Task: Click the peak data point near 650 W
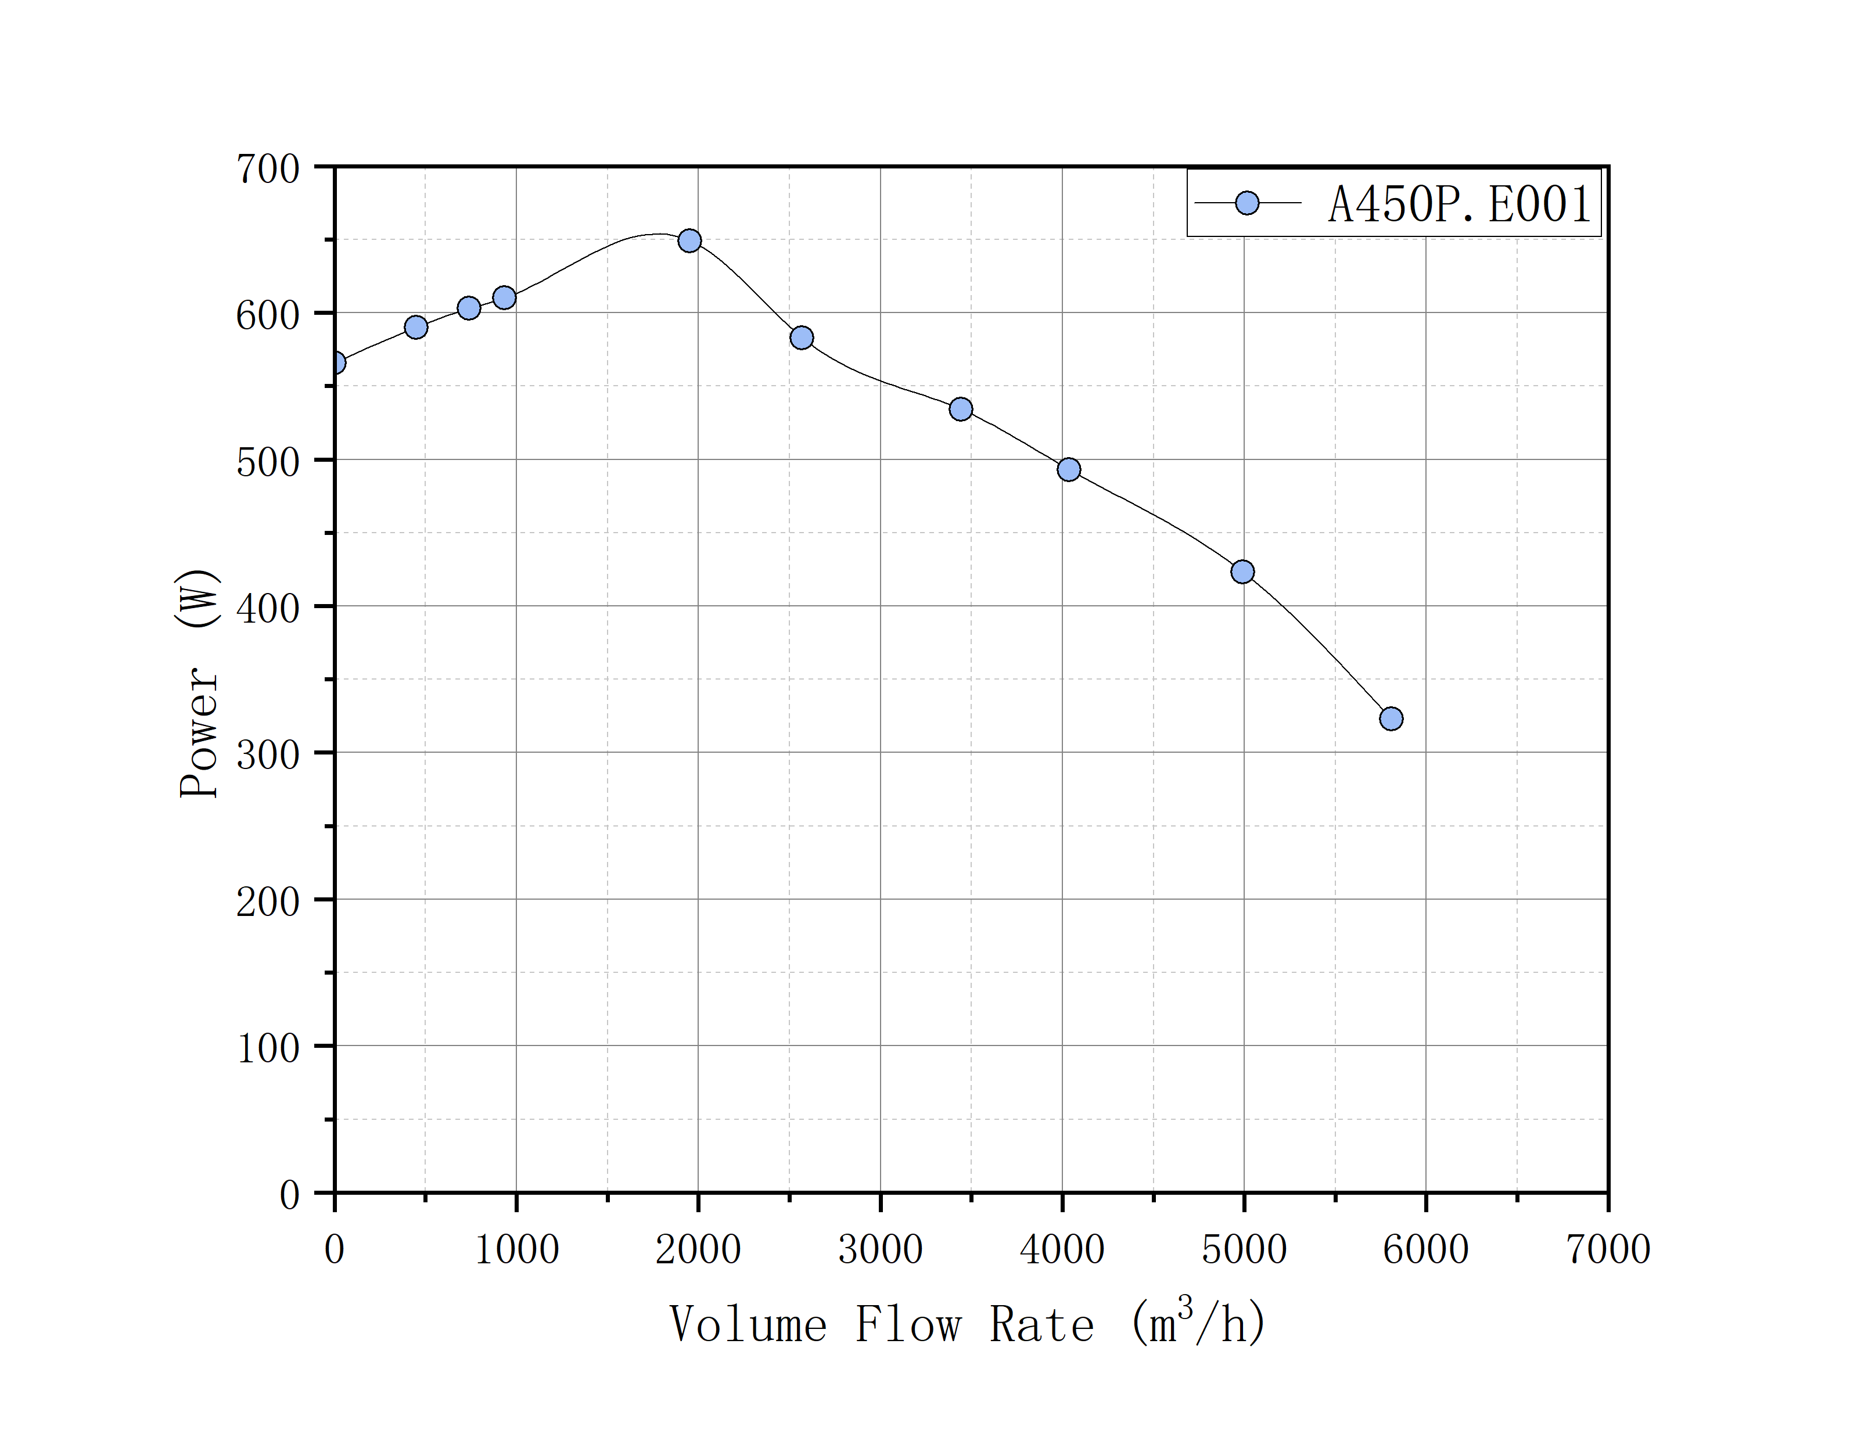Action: click(x=689, y=241)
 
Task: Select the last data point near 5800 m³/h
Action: click(x=1391, y=718)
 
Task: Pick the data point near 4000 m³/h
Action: click(x=1069, y=470)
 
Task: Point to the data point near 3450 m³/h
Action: click(x=961, y=409)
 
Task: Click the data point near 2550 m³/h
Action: click(x=802, y=338)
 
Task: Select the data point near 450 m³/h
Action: click(x=416, y=327)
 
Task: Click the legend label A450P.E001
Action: click(x=1460, y=204)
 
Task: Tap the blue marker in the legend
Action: click(x=1246, y=203)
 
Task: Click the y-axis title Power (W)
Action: click(x=198, y=682)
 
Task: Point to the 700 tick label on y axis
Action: click(x=267, y=170)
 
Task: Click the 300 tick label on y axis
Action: click(x=267, y=755)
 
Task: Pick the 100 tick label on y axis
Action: click(x=267, y=1048)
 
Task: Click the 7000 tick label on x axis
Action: click(x=1608, y=1249)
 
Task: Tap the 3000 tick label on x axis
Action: click(x=880, y=1249)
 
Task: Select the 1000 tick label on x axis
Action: click(x=516, y=1249)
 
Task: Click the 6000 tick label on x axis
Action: click(x=1425, y=1249)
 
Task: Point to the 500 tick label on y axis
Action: click(x=267, y=462)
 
